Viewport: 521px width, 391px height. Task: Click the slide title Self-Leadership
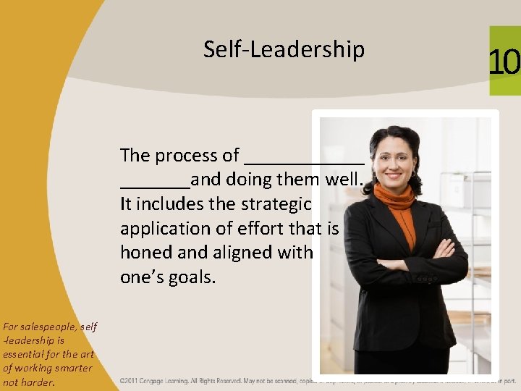(x=284, y=50)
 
